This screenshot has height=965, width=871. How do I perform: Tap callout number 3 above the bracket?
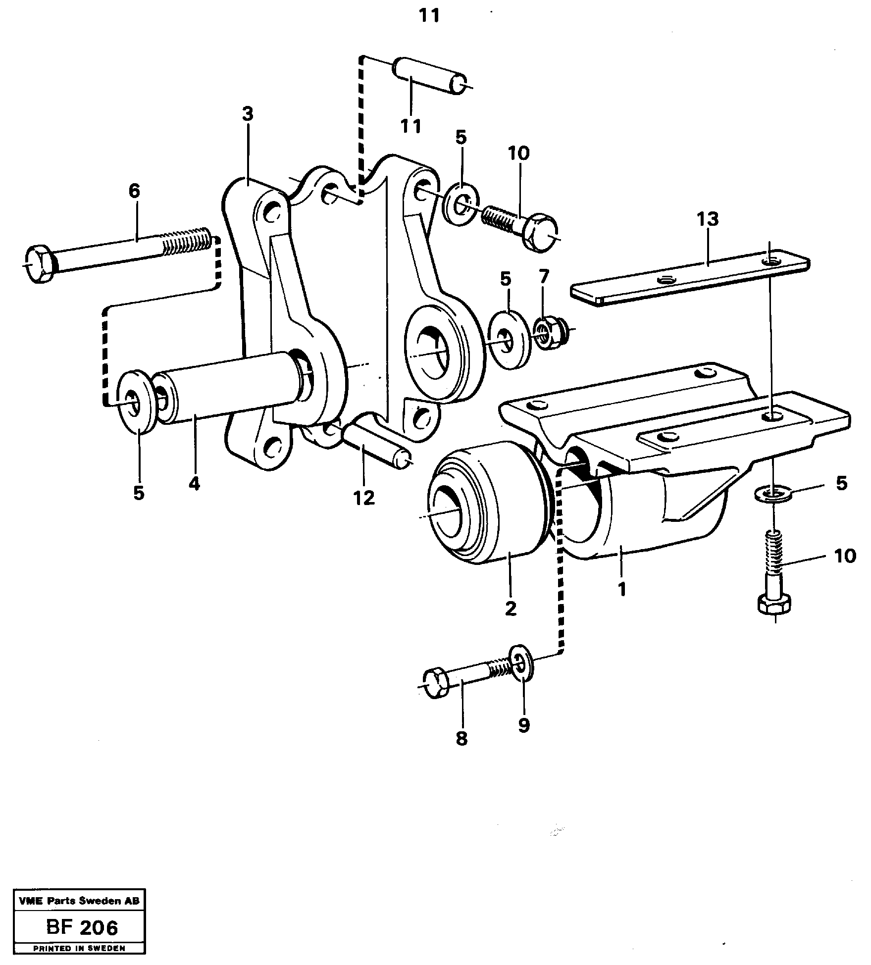(248, 114)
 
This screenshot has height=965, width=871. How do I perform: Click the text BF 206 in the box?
(82, 927)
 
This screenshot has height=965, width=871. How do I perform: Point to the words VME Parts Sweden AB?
(79, 902)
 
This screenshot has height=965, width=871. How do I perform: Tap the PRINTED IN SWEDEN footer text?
(79, 948)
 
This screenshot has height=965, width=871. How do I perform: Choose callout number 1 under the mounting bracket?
(622, 589)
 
